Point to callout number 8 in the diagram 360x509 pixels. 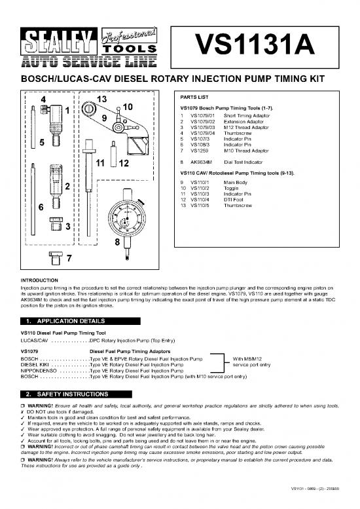[117, 242]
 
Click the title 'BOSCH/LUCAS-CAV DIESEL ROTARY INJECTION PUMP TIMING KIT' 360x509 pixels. [180, 78]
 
